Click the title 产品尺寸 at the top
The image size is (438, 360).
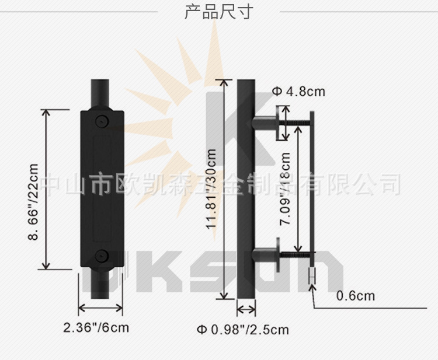(x=218, y=12)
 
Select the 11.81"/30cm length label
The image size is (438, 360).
(x=211, y=188)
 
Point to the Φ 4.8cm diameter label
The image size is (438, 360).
(x=298, y=92)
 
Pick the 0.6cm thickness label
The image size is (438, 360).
(x=356, y=296)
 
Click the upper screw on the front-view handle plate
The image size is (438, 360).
(x=102, y=121)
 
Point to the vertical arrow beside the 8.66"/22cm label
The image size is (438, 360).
(x=47, y=189)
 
